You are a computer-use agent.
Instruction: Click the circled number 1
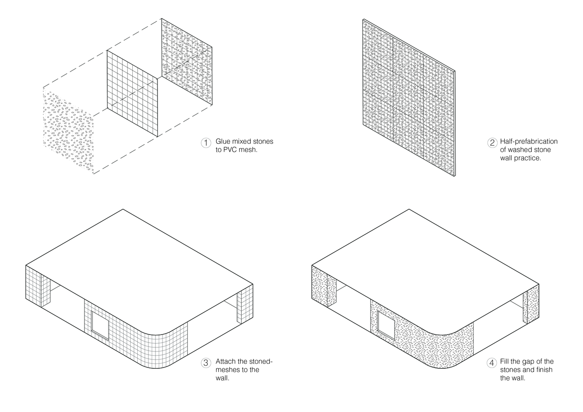(x=206, y=143)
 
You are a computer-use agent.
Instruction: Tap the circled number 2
(x=492, y=143)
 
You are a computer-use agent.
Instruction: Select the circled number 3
(x=206, y=363)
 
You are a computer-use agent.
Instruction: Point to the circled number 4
(x=491, y=363)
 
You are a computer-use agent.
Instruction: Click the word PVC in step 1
(x=230, y=150)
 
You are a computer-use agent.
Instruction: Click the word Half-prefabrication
(x=529, y=141)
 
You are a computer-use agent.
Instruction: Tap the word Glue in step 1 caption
(x=223, y=141)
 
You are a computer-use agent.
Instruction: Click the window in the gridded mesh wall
(x=100, y=325)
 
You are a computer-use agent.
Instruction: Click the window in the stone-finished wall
(x=386, y=325)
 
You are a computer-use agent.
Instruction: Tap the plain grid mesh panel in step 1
(x=132, y=93)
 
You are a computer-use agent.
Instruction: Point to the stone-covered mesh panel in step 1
(x=187, y=62)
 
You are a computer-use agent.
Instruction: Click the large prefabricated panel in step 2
(x=409, y=98)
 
